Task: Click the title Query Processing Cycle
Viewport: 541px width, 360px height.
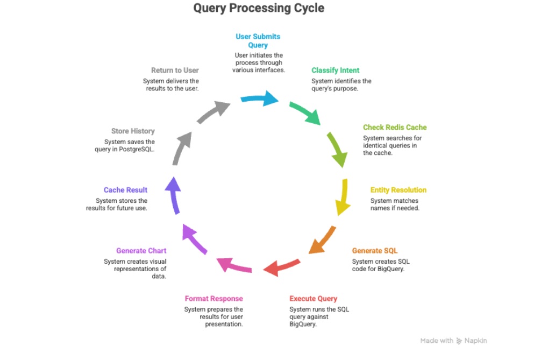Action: [x=259, y=9]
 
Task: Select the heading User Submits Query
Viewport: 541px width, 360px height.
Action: [x=258, y=41]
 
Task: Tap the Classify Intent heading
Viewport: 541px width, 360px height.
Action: [x=336, y=70]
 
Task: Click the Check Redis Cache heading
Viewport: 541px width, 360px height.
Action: [x=395, y=128]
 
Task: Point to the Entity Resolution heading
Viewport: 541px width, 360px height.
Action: [x=398, y=190]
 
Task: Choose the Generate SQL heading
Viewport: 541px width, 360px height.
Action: [x=375, y=251]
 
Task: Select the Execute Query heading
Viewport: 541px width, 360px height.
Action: [x=314, y=299]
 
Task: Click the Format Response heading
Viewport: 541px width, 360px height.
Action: [x=213, y=299]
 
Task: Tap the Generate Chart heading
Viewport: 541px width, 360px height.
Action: [x=141, y=251]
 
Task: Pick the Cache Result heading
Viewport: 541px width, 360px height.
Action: [x=125, y=190]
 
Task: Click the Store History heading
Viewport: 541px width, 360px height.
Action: [x=133, y=131]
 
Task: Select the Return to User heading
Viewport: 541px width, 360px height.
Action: [x=175, y=70]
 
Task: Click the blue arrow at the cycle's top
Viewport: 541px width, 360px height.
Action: [x=260, y=98]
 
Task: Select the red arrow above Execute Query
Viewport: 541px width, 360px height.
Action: [x=281, y=266]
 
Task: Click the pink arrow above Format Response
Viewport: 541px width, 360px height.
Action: [x=234, y=265]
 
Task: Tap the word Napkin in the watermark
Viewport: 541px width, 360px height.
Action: [x=476, y=341]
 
